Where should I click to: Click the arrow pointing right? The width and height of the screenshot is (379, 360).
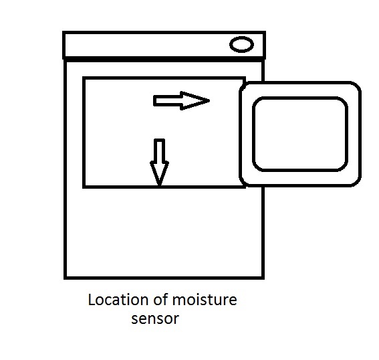click(181, 100)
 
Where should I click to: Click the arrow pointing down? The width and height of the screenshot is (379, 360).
click(159, 163)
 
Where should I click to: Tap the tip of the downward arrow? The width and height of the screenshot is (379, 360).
click(159, 186)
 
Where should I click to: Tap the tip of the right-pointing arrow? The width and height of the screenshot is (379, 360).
click(210, 100)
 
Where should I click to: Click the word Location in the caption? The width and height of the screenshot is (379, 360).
click(118, 300)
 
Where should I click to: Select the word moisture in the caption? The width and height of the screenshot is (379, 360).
click(205, 300)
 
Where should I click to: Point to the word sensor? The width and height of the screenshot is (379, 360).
click(155, 319)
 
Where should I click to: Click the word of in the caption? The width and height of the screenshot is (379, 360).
click(160, 300)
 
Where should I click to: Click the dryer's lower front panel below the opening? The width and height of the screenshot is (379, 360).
click(164, 232)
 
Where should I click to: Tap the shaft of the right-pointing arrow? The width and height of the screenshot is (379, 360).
click(168, 100)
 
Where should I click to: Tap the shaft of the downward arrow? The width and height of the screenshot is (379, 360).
click(159, 150)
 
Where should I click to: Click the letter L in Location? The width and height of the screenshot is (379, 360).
click(92, 300)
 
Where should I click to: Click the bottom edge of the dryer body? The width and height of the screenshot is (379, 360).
click(164, 278)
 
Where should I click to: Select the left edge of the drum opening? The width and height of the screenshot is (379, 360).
click(84, 132)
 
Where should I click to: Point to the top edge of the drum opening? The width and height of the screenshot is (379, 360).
click(164, 78)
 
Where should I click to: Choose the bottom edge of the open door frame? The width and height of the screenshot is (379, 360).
click(300, 185)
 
